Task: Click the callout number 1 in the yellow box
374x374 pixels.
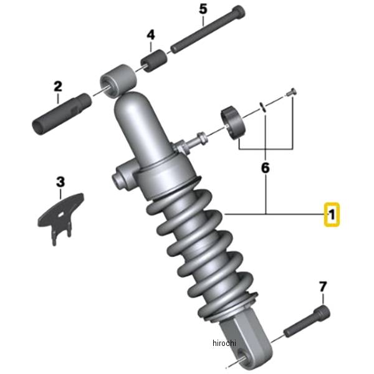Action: pyautogui.click(x=332, y=214)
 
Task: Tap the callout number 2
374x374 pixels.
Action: pyautogui.click(x=58, y=87)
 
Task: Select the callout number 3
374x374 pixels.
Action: pyautogui.click(x=60, y=182)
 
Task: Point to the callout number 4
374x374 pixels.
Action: pyautogui.click(x=151, y=35)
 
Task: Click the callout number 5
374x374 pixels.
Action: pyautogui.click(x=203, y=9)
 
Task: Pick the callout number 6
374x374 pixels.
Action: pyautogui.click(x=266, y=168)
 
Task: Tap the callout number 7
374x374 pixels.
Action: pyautogui.click(x=323, y=287)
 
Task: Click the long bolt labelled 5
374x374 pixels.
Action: pyautogui.click(x=208, y=29)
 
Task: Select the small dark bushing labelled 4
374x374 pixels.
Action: pyautogui.click(x=153, y=60)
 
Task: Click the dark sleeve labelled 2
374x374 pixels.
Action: pyautogui.click(x=62, y=114)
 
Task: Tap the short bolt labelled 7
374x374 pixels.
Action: pyautogui.click(x=307, y=321)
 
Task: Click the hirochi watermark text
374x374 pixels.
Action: pyautogui.click(x=224, y=343)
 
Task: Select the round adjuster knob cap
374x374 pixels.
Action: pyautogui.click(x=233, y=123)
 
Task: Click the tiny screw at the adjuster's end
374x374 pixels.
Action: pyautogui.click(x=292, y=92)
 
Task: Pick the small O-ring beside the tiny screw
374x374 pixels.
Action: pyautogui.click(x=263, y=107)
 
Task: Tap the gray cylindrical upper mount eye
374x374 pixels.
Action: pyautogui.click(x=118, y=80)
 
